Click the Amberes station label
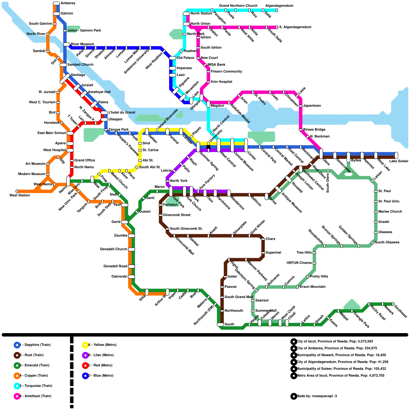tap(68, 3)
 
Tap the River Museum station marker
tap(67, 44)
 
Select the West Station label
tap(20, 195)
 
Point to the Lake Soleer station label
tap(399, 161)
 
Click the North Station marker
tap(186, 14)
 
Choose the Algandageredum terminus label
tap(279, 6)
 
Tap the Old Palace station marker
tap(173, 58)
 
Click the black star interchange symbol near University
tap(208, 147)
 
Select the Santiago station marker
tap(65, 79)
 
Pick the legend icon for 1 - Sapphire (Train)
tap(17, 345)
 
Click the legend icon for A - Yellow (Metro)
tap(85, 345)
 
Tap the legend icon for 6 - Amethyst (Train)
tap(17, 396)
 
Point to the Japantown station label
tap(312, 106)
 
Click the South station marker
tap(220, 324)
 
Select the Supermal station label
tap(273, 253)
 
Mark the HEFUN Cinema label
tap(299, 263)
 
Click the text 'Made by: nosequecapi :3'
tap(316, 396)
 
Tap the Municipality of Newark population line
tap(341, 355)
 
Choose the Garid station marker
tap(125, 222)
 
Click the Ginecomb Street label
tap(177, 215)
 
